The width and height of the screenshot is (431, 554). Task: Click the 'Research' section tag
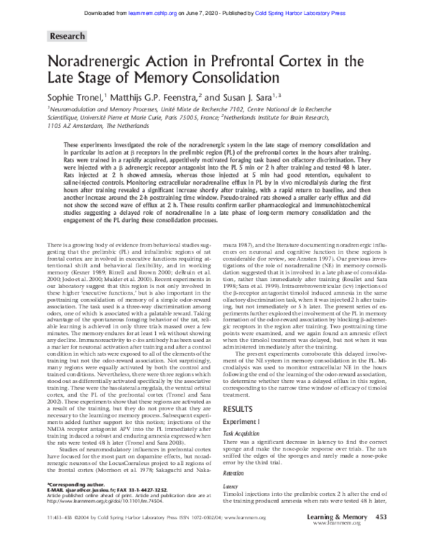68,35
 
